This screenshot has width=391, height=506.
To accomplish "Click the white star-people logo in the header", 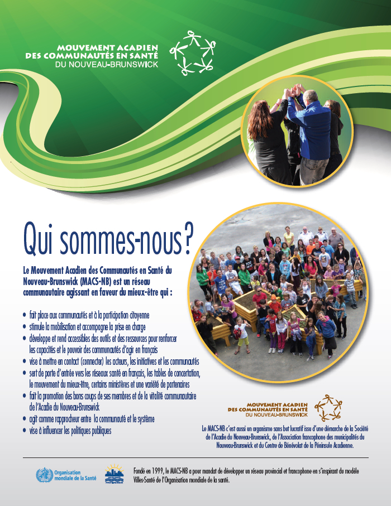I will coord(192,53).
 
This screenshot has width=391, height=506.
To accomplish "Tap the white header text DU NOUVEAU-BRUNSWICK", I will coord(106,65).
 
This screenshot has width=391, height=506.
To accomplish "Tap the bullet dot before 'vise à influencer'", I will coord(24,431).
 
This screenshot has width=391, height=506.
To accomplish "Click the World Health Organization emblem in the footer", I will coord(43,476).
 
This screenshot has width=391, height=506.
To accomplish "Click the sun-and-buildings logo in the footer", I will coord(115,474).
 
